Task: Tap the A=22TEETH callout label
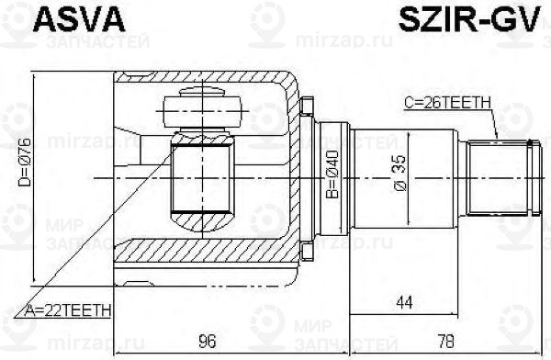65,311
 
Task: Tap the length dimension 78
444,342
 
